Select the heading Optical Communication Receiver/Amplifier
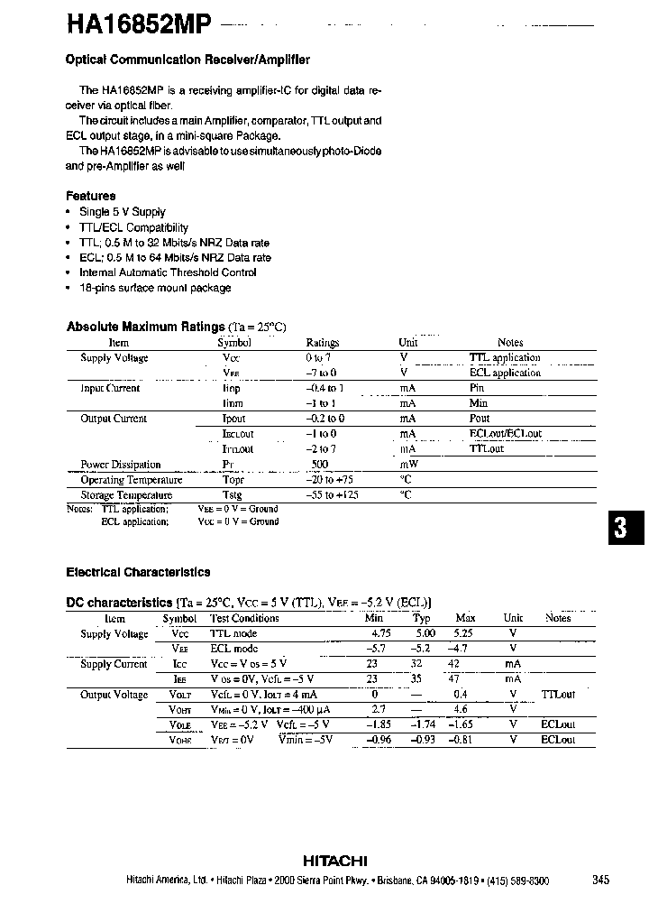tap(187, 60)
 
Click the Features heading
tap(91, 196)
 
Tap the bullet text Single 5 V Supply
tap(123, 212)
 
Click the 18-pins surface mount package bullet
tap(155, 288)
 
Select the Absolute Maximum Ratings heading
tap(145, 327)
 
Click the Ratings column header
tap(323, 343)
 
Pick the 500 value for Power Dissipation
tap(319, 465)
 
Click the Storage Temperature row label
tap(126, 495)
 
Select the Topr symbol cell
tap(233, 480)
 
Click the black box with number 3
tap(620, 529)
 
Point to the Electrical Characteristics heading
tap(138, 572)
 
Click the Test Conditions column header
tap(244, 619)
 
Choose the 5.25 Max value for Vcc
tap(465, 633)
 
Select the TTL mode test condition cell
tap(233, 633)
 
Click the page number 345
tap(601, 881)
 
